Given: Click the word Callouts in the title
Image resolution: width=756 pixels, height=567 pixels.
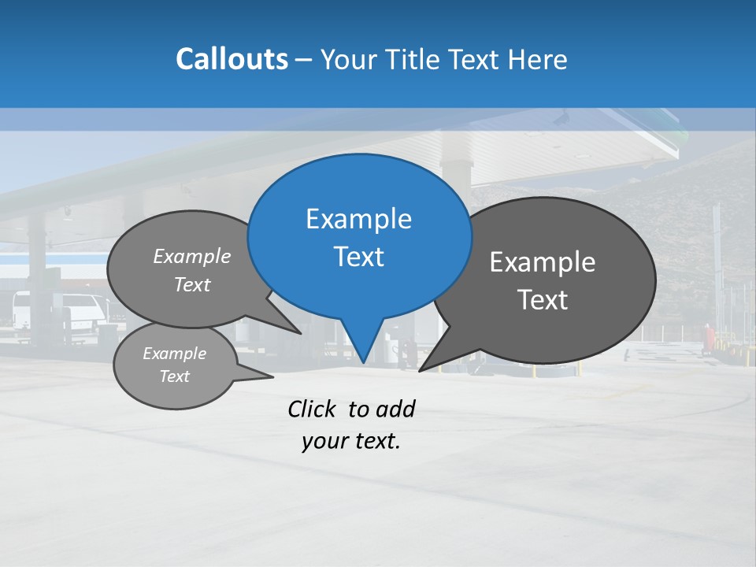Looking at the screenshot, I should pos(232,59).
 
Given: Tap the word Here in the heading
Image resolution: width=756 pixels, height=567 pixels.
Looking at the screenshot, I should pos(537,59).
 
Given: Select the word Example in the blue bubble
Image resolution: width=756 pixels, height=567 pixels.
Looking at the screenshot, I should pos(358,219).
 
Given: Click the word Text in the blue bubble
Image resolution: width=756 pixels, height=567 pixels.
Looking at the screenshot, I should pos(358,257).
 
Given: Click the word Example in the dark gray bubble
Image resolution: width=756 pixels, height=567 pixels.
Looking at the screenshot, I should pos(543,262).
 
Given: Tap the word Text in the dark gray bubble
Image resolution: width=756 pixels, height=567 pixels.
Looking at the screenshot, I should pos(543,300).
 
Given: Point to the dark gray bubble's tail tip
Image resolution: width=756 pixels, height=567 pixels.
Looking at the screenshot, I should pos(421,370).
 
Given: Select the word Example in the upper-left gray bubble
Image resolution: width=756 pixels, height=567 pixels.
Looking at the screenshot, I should pos(192,256).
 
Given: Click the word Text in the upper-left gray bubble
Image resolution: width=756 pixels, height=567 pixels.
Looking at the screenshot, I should pos(192,284).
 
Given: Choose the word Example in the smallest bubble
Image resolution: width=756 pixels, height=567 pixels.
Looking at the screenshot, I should pos(174,354).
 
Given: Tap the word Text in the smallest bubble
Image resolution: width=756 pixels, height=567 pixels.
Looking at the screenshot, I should pos(174,376).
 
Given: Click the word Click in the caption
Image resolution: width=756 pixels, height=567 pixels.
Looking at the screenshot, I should pos(311,409).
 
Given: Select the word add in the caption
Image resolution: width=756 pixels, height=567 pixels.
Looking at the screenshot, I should pos(395,409).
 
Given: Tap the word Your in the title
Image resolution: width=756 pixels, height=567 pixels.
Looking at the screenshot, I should pos(351,59).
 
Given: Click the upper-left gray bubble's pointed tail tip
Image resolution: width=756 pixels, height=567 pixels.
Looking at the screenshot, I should pos(301,333).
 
